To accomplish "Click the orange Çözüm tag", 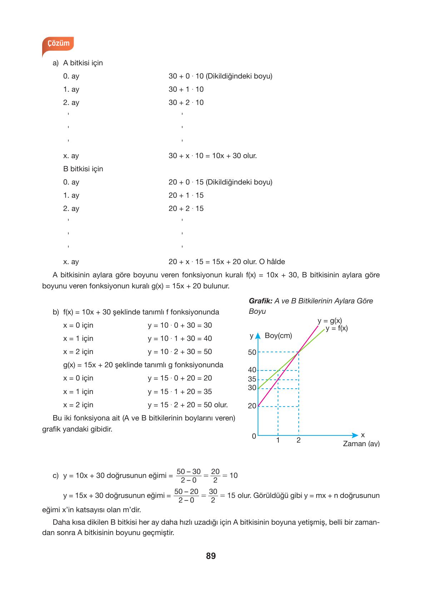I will [58, 44].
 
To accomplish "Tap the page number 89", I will [211, 556].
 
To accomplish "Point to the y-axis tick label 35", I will [252, 379].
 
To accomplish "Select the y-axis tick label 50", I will [252, 352].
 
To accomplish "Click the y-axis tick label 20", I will [252, 406].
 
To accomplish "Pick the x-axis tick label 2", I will [298, 440].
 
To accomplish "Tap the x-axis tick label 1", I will [278, 440].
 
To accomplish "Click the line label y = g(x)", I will [329, 321].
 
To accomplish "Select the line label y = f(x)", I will [337, 328].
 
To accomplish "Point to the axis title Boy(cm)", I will [278, 336].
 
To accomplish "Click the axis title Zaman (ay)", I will [361, 444].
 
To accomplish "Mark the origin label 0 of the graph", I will [254, 436].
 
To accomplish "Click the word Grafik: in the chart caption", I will [260, 301].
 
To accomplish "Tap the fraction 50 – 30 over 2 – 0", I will [188, 476].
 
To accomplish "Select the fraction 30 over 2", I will [213, 496].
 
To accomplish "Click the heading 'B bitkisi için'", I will [83, 169].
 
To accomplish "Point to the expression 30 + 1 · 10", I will [186, 89].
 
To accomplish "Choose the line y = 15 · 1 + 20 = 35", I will [180, 392].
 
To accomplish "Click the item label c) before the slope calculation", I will [55, 475].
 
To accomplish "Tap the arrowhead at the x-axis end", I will [355, 435].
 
